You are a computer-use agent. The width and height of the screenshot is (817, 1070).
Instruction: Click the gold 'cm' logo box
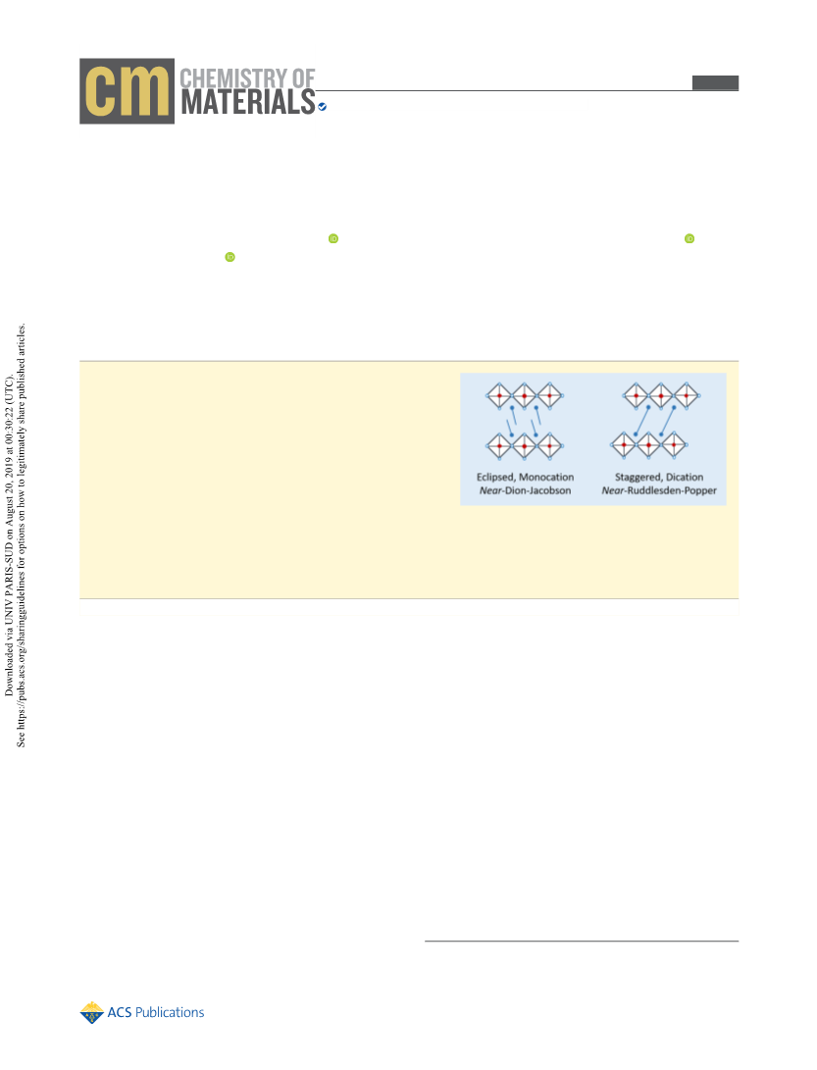pos(127,91)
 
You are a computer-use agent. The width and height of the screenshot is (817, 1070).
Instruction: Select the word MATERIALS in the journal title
pos(248,103)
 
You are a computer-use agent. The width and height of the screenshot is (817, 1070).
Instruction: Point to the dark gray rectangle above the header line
pos(715,82)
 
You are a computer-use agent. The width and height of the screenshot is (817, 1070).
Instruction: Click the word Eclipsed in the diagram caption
pos(495,477)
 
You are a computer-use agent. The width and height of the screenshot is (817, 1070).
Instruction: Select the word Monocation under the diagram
pos(546,477)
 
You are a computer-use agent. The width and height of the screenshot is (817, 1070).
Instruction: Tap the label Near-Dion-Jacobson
pos(525,490)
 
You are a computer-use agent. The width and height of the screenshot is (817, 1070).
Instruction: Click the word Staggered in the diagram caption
pos(638,477)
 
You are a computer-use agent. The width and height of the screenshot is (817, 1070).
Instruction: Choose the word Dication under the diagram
pos(685,477)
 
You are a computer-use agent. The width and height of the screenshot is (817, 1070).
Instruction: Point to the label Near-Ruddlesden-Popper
pos(659,490)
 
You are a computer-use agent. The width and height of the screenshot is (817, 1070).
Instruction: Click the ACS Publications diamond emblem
pos(91,1013)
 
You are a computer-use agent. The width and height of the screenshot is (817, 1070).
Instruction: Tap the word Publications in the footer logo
pos(170,1013)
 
